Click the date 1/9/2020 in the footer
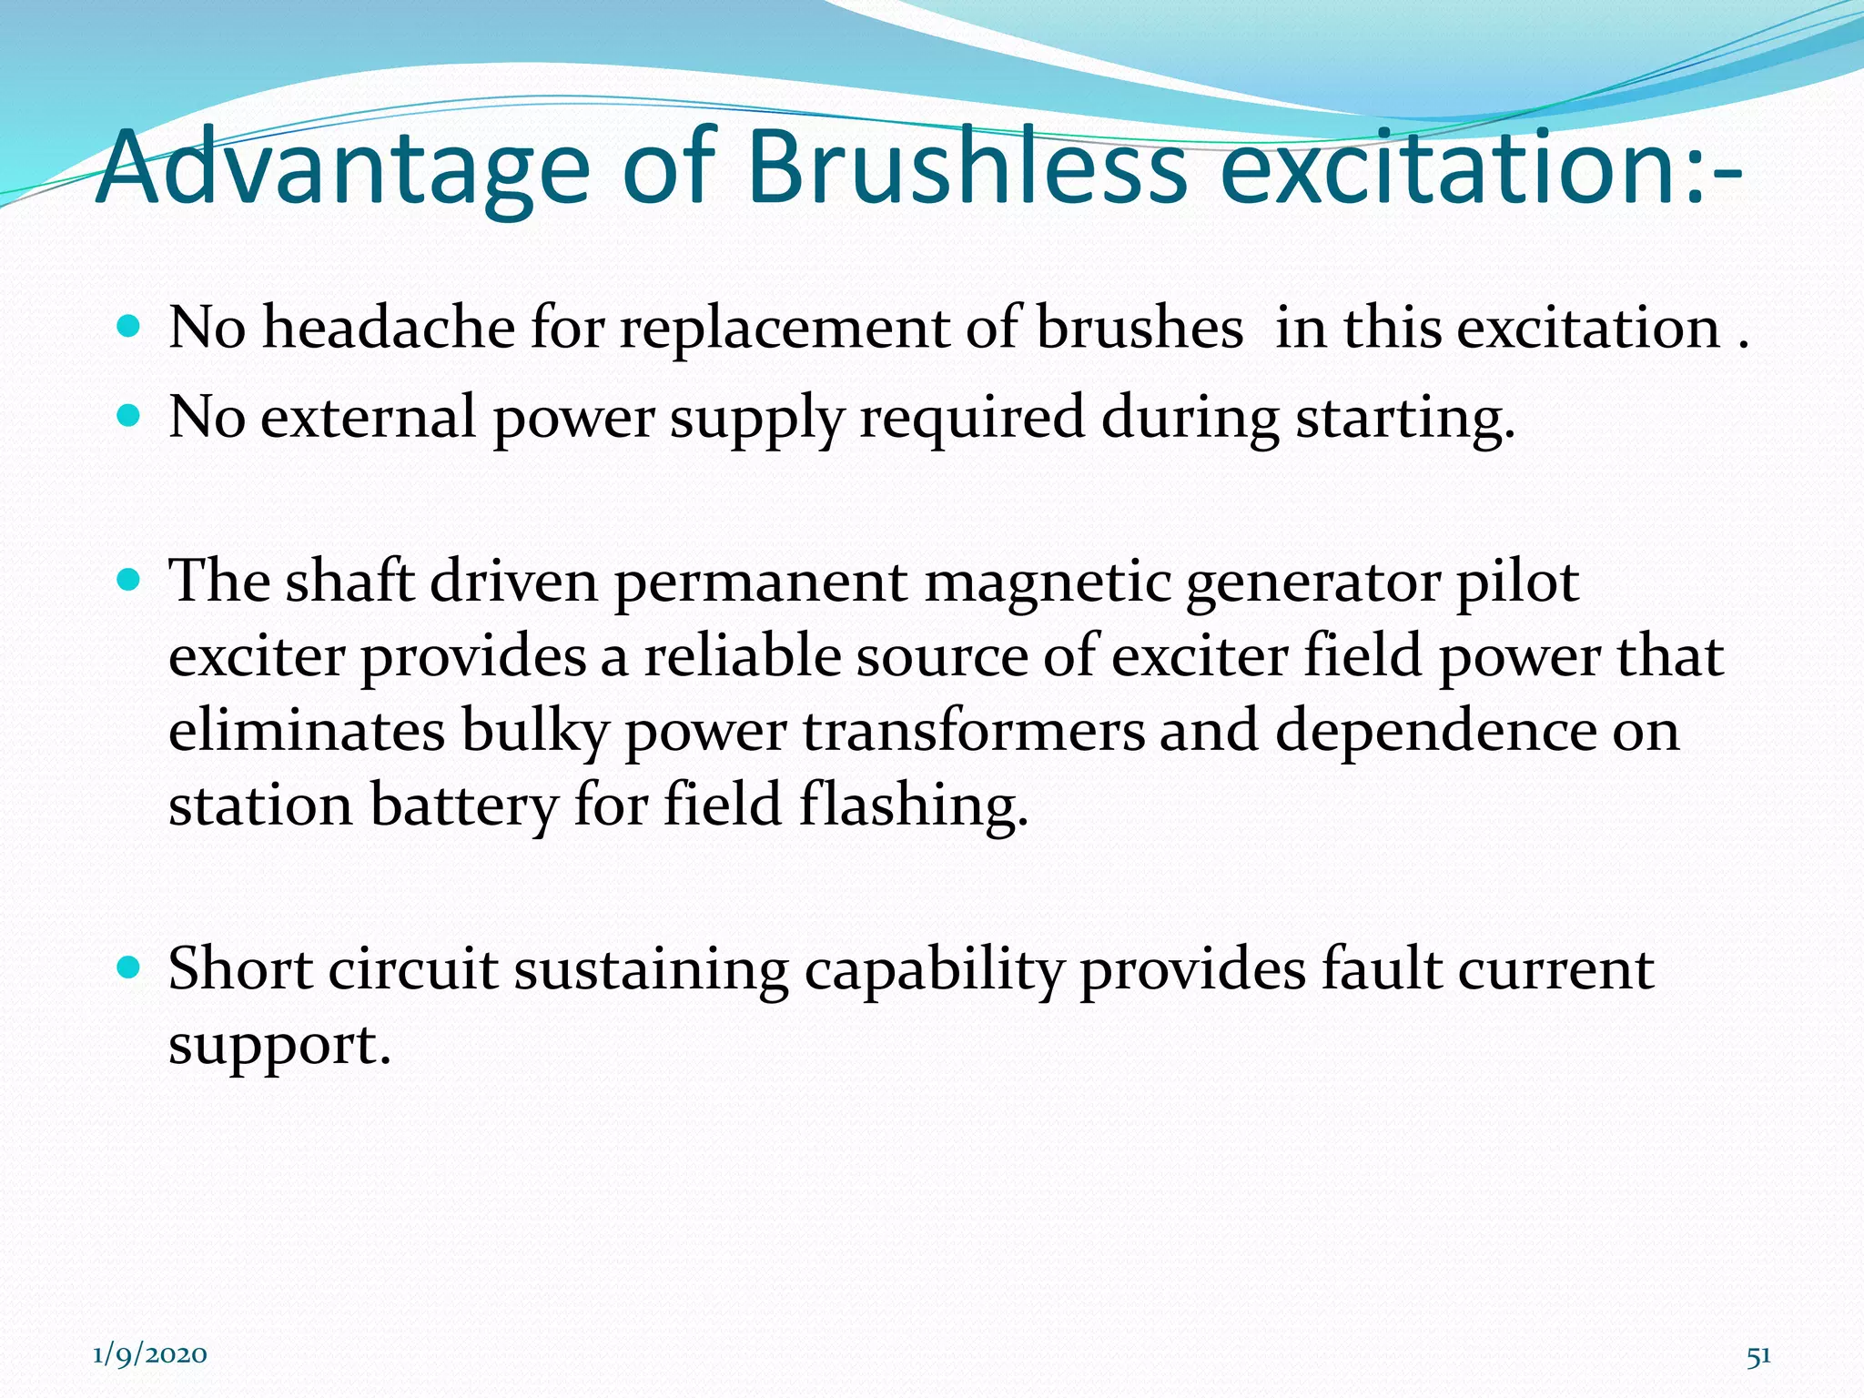[150, 1354]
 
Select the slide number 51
[1758, 1355]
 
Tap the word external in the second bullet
[369, 418]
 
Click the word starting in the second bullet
[1404, 420]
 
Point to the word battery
[464, 806]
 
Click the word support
[279, 1045]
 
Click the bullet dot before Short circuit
[130, 967]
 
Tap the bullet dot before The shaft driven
[130, 579]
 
